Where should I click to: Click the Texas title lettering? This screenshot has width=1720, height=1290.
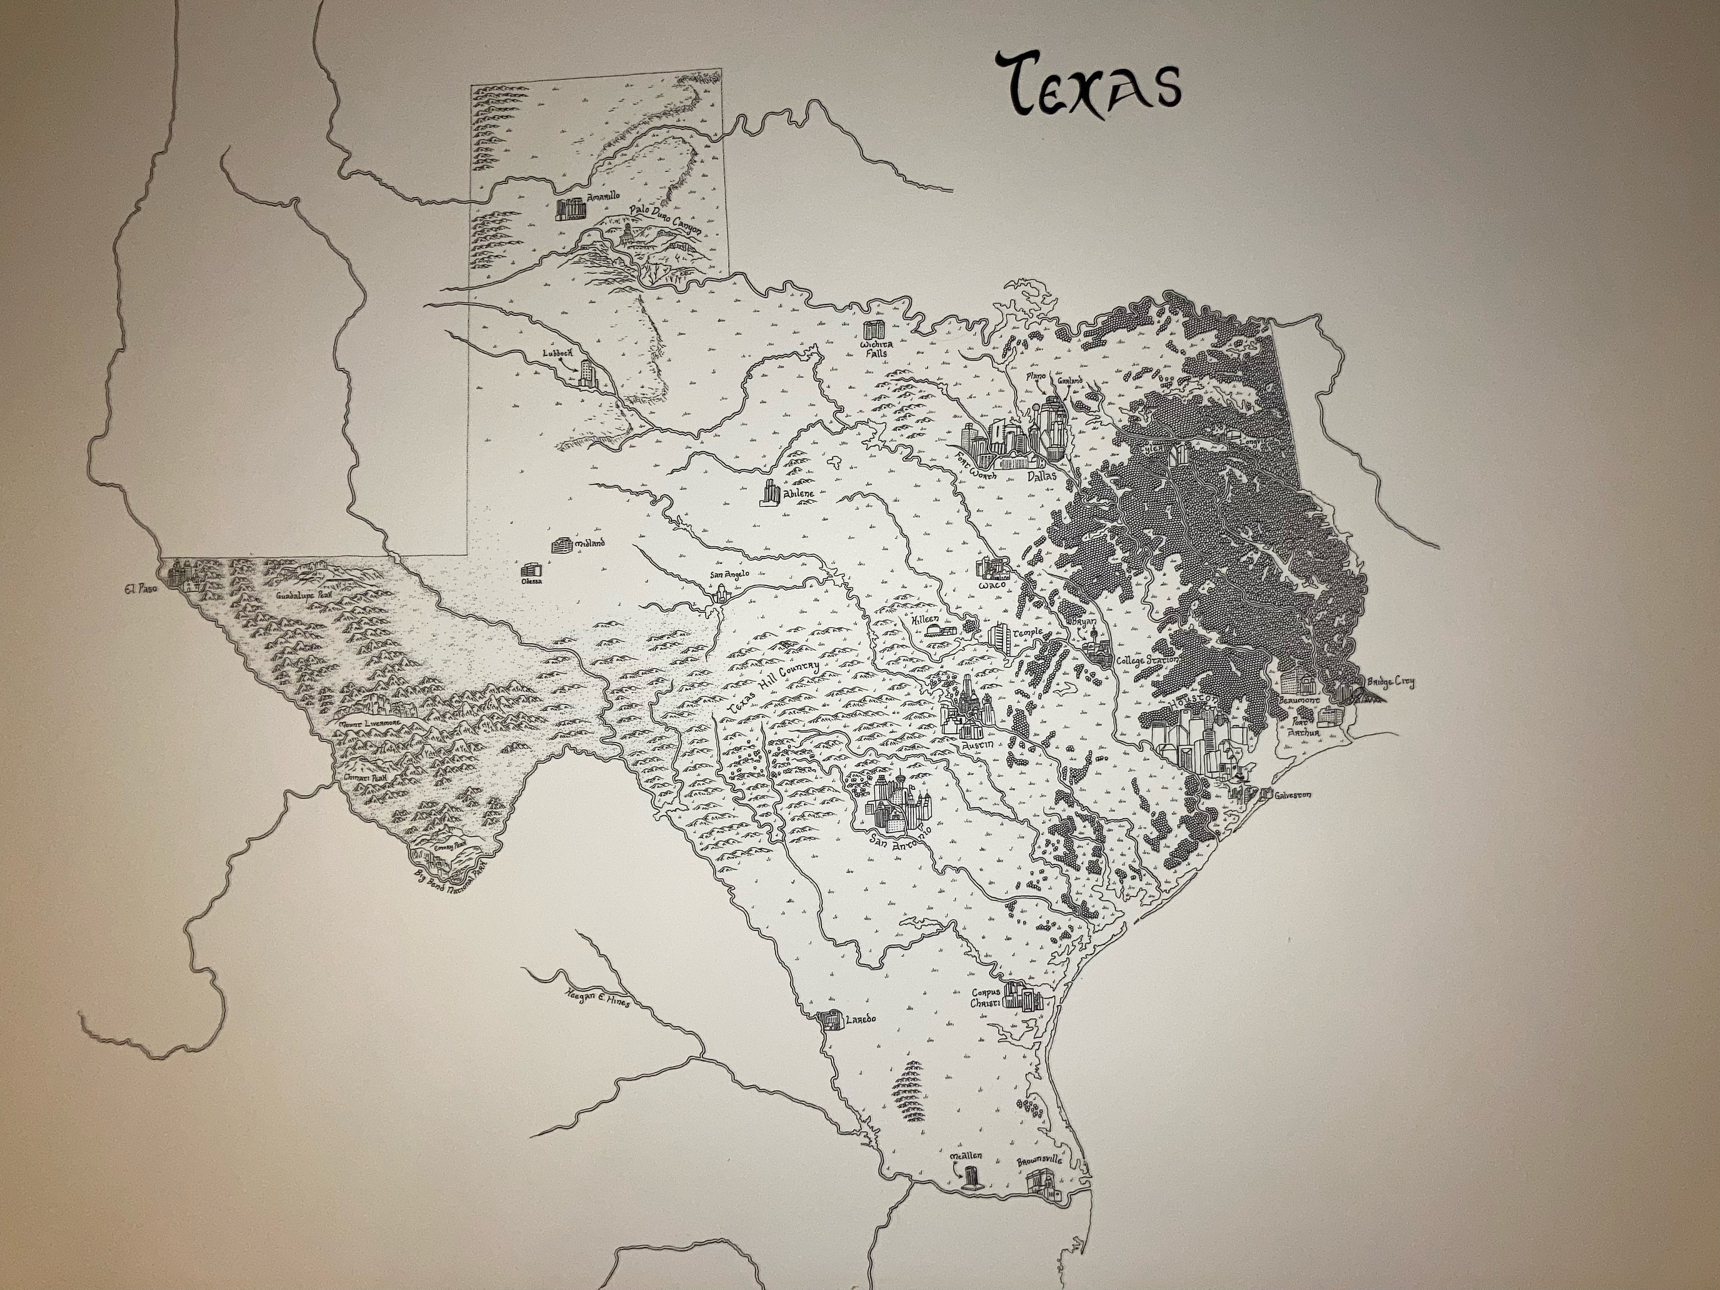[x=1089, y=84]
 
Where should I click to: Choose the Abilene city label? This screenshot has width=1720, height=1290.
[x=799, y=494]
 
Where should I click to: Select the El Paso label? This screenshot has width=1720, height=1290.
[x=140, y=589]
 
